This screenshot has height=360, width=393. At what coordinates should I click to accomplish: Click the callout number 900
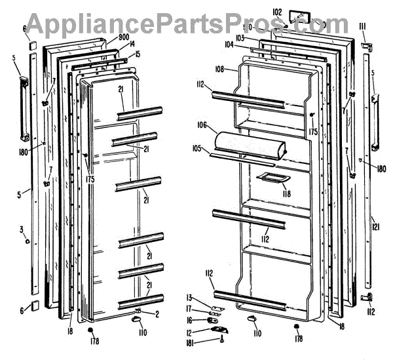click(x=123, y=38)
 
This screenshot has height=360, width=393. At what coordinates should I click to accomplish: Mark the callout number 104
click(x=228, y=47)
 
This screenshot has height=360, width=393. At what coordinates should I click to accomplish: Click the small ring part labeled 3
click(x=26, y=241)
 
